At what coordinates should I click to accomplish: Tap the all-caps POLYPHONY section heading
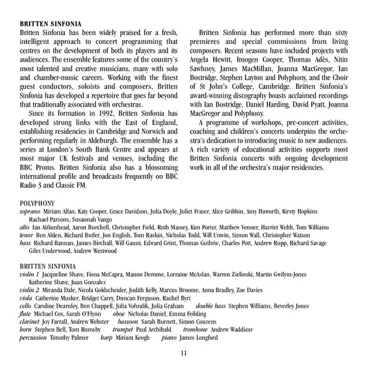click(37, 203)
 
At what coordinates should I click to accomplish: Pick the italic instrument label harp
click(106, 339)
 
